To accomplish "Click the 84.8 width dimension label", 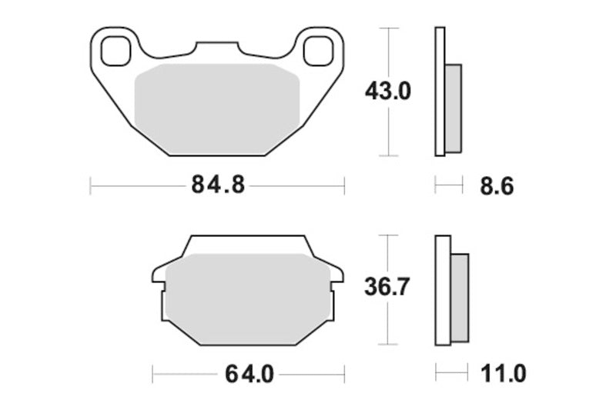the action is pyautogui.click(x=218, y=185).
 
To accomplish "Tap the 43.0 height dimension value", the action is pyautogui.click(x=388, y=92).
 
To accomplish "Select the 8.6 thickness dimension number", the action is pyautogui.click(x=497, y=186).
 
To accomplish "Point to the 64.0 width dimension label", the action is pyautogui.click(x=249, y=375).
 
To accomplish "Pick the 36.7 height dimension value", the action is pyautogui.click(x=387, y=286).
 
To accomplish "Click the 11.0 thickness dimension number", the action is pyautogui.click(x=504, y=373).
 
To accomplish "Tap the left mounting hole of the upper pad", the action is pyautogui.click(x=115, y=51).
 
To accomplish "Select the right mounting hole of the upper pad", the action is pyautogui.click(x=318, y=51).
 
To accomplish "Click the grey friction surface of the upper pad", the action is pyautogui.click(x=217, y=109).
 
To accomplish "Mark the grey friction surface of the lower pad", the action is pyautogui.click(x=247, y=299).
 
